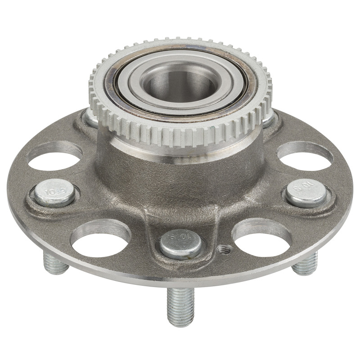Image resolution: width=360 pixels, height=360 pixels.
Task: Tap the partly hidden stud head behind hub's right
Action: click(269, 118)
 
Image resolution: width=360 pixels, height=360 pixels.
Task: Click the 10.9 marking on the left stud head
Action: click(55, 192)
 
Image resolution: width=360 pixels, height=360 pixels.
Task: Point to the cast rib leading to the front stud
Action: click(180, 216)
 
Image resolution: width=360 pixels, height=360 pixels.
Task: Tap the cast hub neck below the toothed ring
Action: click(180, 171)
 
